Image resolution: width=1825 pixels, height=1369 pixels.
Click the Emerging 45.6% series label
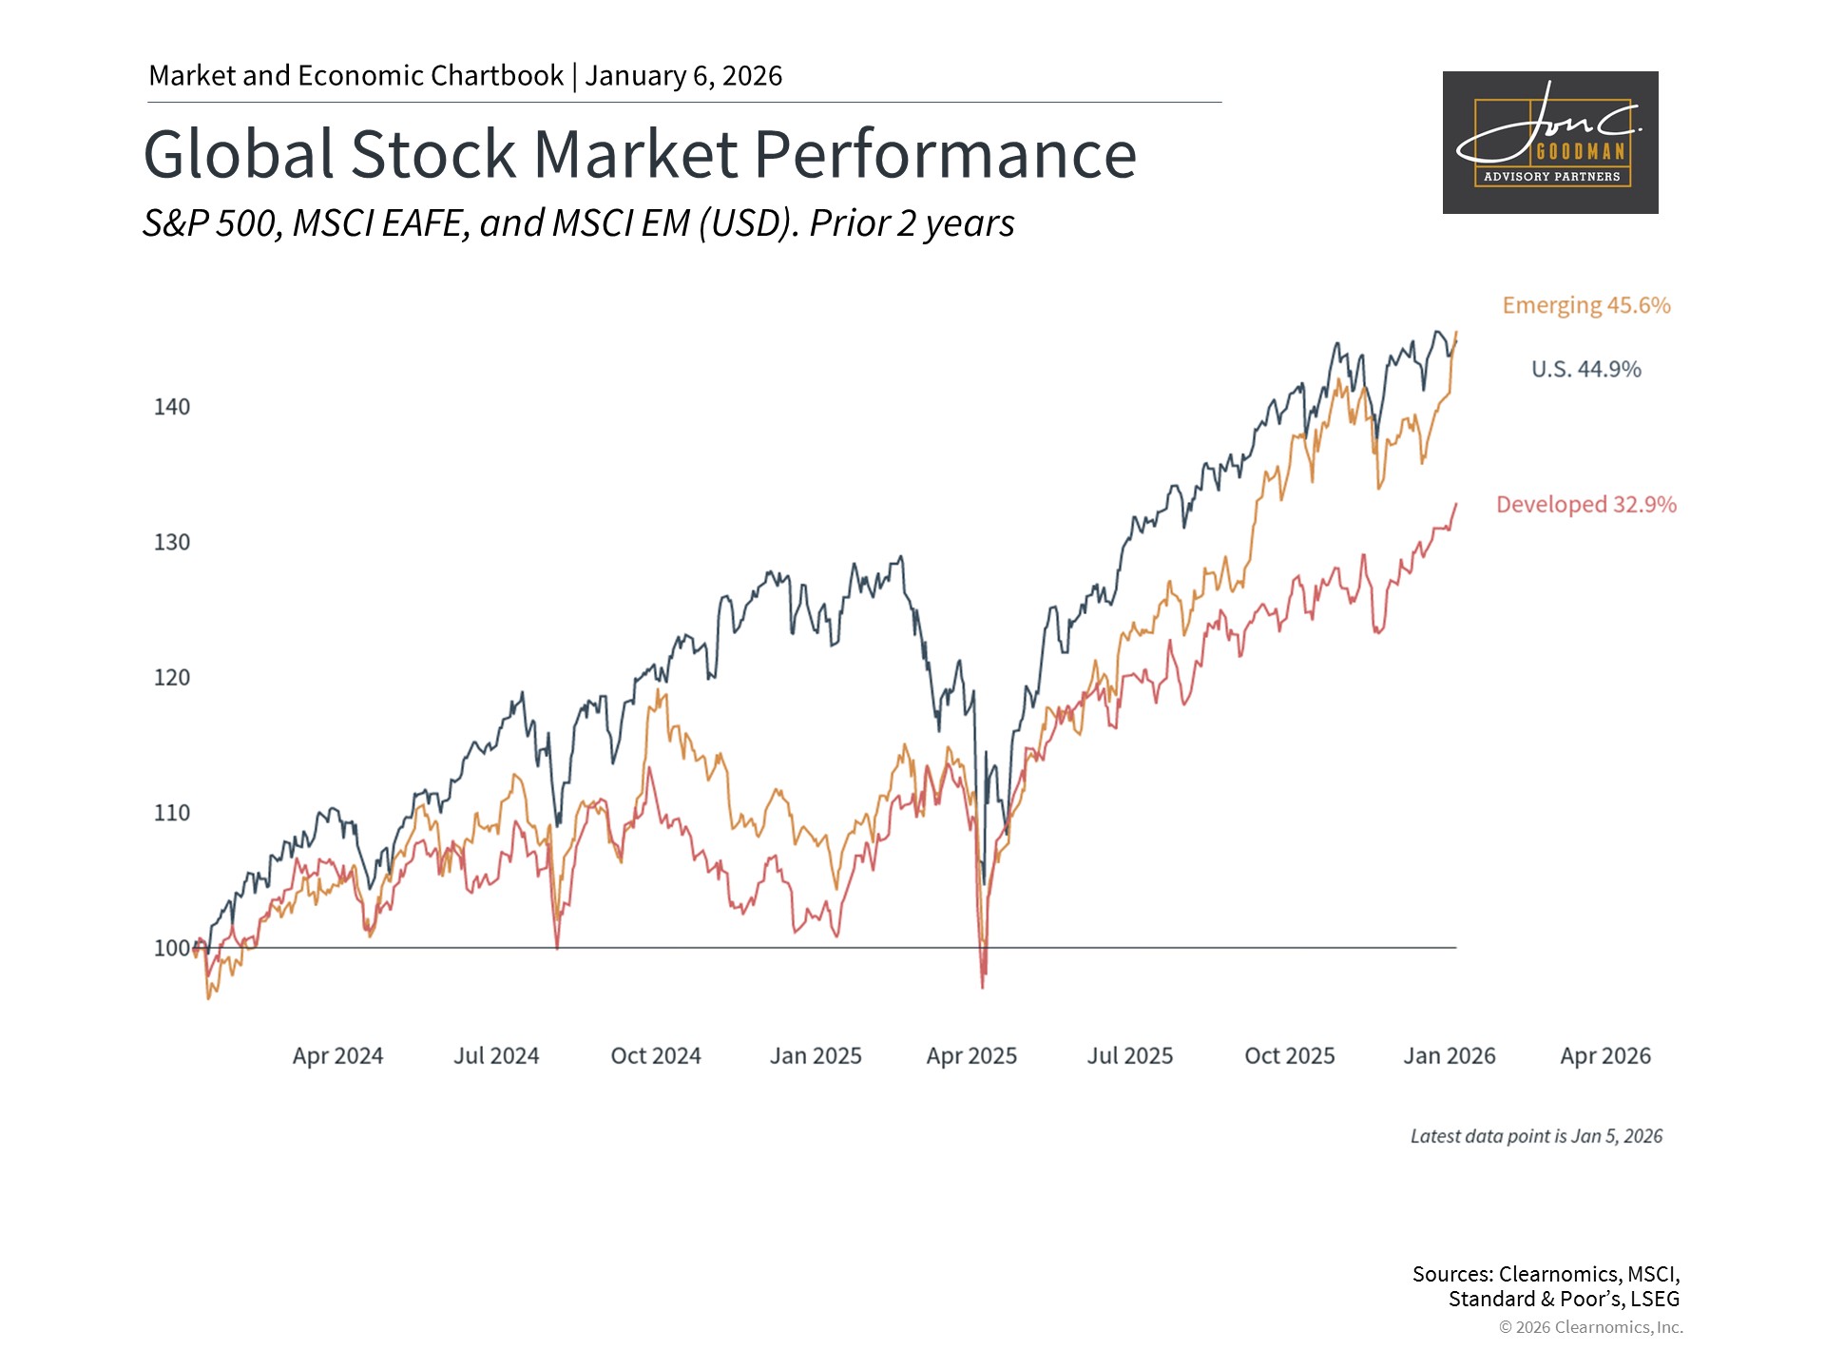click(1585, 305)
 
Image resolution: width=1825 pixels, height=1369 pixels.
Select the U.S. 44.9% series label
click(1585, 369)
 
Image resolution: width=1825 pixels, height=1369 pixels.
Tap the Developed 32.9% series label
click(1585, 504)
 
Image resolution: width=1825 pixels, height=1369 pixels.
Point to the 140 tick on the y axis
click(172, 407)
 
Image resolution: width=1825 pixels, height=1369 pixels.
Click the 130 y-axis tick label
click(172, 542)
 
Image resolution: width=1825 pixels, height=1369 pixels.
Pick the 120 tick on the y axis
click(172, 678)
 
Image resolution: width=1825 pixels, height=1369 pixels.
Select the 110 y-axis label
click(172, 813)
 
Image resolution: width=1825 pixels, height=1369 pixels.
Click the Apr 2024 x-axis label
click(337, 1055)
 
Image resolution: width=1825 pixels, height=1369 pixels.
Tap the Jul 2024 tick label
click(496, 1055)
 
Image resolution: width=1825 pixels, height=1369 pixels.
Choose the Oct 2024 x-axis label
click(656, 1055)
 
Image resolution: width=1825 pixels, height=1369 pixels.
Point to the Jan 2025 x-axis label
click(816, 1055)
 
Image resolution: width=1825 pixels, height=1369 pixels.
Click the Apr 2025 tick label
click(971, 1055)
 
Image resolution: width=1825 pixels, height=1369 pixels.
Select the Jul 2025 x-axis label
click(1130, 1055)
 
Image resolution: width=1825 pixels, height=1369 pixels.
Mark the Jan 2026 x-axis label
click(1450, 1055)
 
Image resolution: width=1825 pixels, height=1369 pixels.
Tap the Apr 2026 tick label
click(1605, 1055)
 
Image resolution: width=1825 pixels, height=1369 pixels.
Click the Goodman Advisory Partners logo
click(1550, 143)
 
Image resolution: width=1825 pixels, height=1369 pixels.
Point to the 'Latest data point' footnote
click(1536, 1136)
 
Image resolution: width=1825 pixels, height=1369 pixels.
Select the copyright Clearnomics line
click(1590, 1327)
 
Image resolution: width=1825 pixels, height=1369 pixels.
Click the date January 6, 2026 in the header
click(683, 76)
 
